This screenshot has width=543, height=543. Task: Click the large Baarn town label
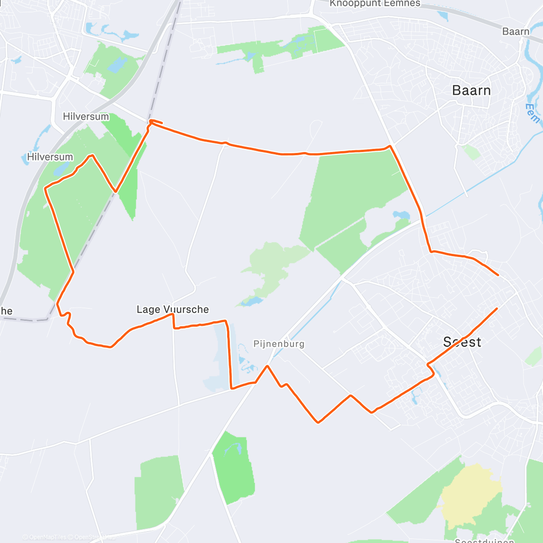471,90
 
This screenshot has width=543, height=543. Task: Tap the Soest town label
462,342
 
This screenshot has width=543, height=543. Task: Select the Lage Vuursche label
172,310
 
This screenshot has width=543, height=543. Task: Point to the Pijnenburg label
279,344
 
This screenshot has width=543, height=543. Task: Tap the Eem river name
533,113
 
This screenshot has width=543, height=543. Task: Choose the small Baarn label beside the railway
515,32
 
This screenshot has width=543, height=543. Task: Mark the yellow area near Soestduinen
471,493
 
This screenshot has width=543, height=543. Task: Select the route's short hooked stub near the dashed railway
155,121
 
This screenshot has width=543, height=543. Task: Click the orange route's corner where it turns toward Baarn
390,146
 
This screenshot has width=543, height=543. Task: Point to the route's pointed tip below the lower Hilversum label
92,156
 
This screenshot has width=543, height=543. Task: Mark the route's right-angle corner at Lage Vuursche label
172,314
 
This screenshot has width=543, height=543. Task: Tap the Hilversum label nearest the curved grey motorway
50,157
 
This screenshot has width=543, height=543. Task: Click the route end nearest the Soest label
497,309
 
